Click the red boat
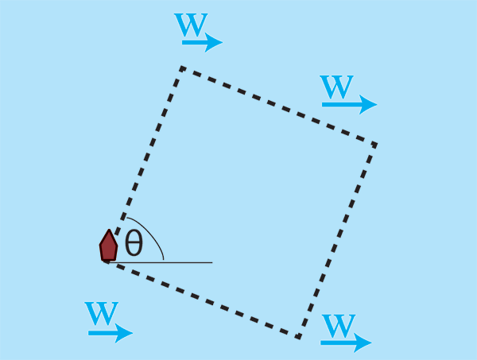109,246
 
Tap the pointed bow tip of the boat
109,230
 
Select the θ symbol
134,242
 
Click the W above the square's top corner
191,25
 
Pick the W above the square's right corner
336,87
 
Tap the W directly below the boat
101,313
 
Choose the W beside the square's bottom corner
339,326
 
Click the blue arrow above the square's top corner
202,42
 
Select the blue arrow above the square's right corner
350,104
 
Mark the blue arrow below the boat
111,333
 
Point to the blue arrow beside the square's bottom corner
346,343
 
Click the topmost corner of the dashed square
182,68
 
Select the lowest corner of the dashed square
299,336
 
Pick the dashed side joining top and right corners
279,106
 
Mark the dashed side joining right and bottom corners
337,241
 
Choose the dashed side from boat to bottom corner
202,299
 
